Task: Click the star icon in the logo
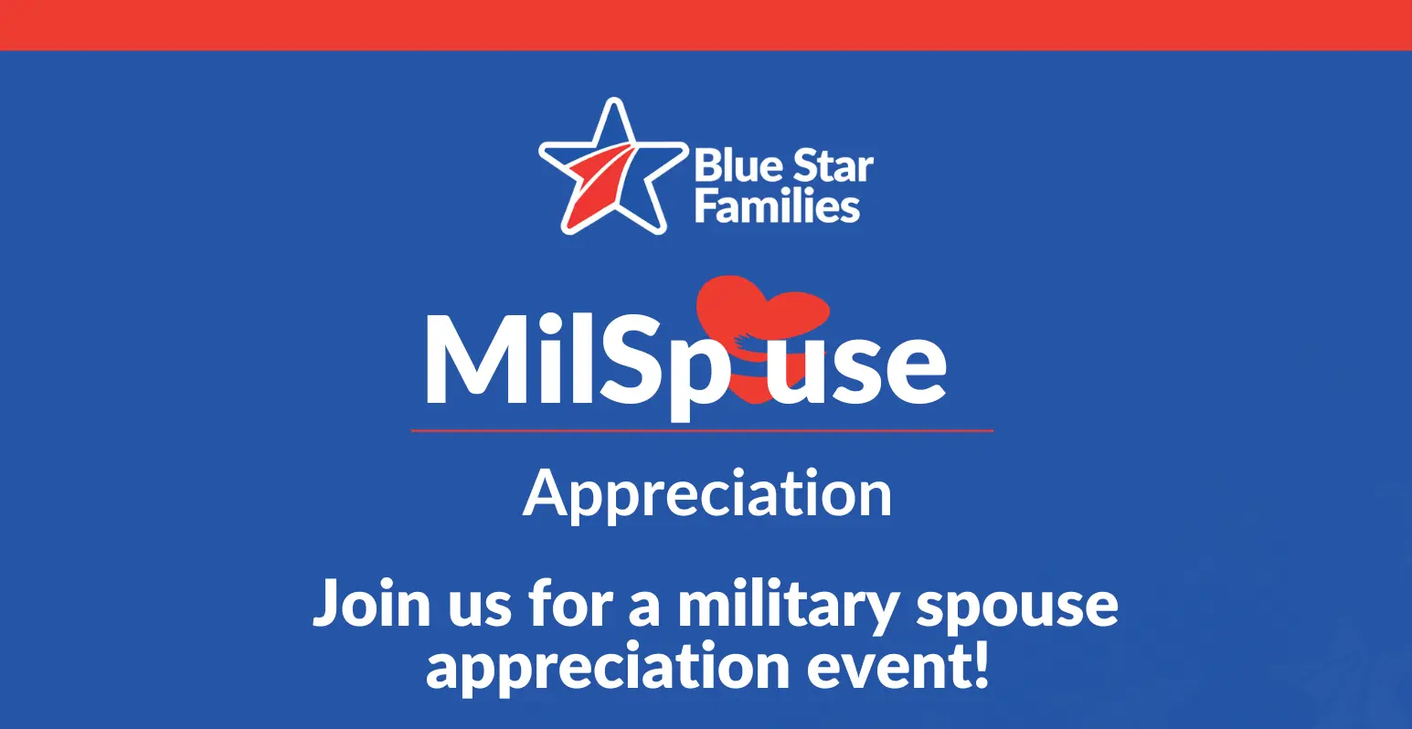coord(612,167)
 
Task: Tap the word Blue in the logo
coord(735,165)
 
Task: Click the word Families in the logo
coord(777,206)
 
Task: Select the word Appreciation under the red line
coord(707,495)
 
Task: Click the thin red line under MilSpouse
coord(702,431)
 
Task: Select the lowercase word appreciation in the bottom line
coord(607,669)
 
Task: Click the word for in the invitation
coord(571,602)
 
